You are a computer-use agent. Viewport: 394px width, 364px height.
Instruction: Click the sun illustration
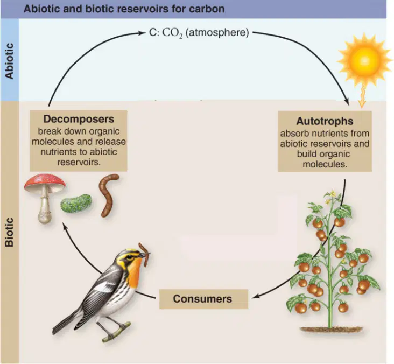click(x=364, y=60)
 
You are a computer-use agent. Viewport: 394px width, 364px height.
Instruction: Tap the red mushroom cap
click(x=45, y=183)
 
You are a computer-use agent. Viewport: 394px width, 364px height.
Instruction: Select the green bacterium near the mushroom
click(x=76, y=203)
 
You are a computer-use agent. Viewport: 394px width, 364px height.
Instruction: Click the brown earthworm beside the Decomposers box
click(x=108, y=195)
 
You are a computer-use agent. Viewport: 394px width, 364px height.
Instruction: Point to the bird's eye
click(x=130, y=257)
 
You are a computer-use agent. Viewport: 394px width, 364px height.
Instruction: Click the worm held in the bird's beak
click(x=144, y=254)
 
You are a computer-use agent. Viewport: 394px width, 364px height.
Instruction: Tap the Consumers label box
click(x=203, y=299)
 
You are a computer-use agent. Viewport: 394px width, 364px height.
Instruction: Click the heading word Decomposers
click(x=79, y=119)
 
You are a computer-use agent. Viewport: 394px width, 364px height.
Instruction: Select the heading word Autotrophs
click(x=325, y=121)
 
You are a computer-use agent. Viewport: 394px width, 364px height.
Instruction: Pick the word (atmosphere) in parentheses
click(x=217, y=33)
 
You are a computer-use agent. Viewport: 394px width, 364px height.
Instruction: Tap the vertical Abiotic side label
click(x=9, y=61)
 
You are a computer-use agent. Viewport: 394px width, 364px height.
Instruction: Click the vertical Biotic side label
click(x=9, y=232)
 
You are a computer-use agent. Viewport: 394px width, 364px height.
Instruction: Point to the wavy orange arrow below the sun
click(x=362, y=96)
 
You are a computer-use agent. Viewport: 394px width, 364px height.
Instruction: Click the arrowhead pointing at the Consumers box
click(x=254, y=297)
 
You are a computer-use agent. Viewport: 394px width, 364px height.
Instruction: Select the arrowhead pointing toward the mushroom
click(x=65, y=227)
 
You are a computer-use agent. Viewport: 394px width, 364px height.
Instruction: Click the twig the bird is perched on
click(x=117, y=332)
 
